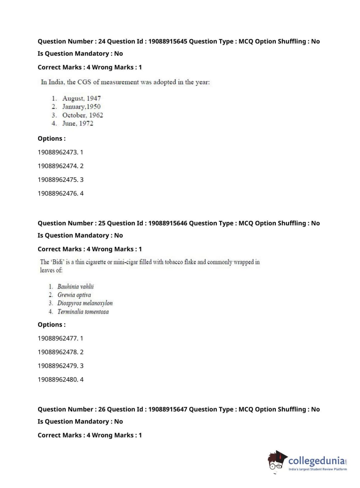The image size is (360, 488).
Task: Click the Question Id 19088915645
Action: [168, 41]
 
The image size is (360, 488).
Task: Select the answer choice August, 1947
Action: [81, 98]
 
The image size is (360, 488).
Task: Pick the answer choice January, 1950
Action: [81, 107]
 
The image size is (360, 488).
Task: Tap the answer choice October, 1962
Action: [82, 115]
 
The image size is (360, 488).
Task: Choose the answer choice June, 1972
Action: [78, 123]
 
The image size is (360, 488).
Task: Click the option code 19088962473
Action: [58, 152]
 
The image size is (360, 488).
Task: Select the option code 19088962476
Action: [58, 193]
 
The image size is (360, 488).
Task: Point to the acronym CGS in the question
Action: [84, 82]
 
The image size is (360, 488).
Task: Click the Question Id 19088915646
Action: [168, 223]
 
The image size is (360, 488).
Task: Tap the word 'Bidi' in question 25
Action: [58, 262]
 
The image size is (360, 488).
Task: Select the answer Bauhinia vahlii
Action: [76, 286]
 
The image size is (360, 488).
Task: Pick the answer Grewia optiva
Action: [74, 295]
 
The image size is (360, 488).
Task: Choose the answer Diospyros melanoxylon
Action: [85, 303]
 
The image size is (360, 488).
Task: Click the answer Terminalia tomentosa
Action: [83, 312]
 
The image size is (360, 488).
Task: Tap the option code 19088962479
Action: [58, 366]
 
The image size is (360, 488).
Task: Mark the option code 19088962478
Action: [58, 352]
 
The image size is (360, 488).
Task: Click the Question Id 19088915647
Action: [168, 409]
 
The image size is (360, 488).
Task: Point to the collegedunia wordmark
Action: [316, 460]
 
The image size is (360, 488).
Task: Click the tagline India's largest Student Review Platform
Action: [318, 469]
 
